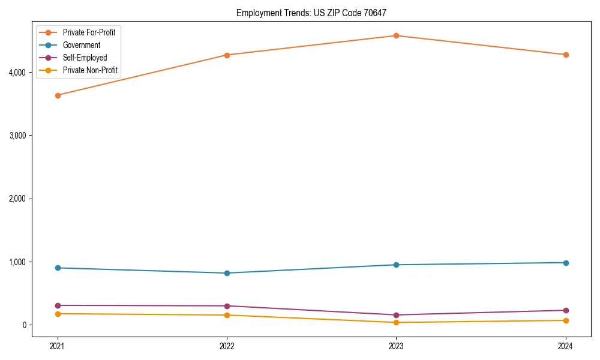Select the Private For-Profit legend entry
click(x=89, y=32)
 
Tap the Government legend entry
click(x=81, y=45)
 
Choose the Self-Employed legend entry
click(x=85, y=58)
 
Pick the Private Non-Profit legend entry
click(x=90, y=71)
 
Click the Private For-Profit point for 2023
click(x=396, y=36)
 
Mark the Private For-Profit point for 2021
click(x=58, y=95)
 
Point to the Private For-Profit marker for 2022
click(x=227, y=55)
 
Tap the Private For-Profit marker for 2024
click(x=566, y=55)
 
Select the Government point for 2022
click(x=227, y=273)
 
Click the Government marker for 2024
click(x=566, y=263)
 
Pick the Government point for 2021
click(x=58, y=268)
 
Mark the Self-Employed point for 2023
click(x=396, y=315)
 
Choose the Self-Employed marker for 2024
click(x=566, y=310)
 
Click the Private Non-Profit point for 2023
click(x=396, y=323)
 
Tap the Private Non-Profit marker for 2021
click(x=58, y=314)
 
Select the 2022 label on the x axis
click(x=227, y=346)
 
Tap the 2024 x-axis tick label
click(x=566, y=346)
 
